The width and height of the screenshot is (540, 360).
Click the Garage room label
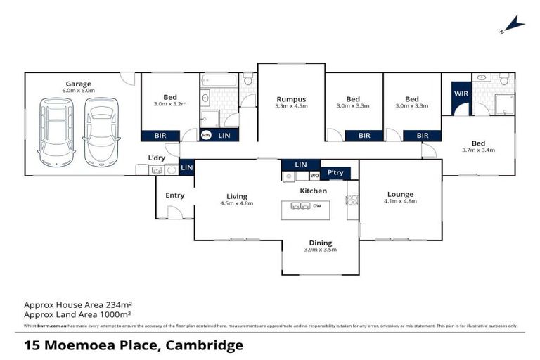coord(78,84)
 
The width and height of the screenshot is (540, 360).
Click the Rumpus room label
coord(290,99)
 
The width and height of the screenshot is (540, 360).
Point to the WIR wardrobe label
coord(461,93)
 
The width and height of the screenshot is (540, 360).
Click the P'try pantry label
coord(335,175)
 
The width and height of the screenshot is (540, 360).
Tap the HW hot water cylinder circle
coord(206,135)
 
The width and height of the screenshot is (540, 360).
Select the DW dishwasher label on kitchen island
coord(317,206)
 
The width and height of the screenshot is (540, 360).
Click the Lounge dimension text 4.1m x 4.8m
coord(400,202)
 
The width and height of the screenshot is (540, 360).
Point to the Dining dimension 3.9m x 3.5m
coord(320,250)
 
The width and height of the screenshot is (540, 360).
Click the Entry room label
coord(174,195)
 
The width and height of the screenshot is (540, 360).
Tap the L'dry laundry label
coord(156,157)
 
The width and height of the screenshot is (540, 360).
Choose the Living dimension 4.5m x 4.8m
coord(236,203)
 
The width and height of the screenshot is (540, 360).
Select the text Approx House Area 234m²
coord(78,304)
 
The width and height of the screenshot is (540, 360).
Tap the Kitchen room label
coord(314,191)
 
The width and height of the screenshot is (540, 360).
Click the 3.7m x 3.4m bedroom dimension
coord(479,150)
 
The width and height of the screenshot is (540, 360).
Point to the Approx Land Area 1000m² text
coord(78,315)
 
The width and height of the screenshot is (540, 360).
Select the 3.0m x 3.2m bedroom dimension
coord(170,104)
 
